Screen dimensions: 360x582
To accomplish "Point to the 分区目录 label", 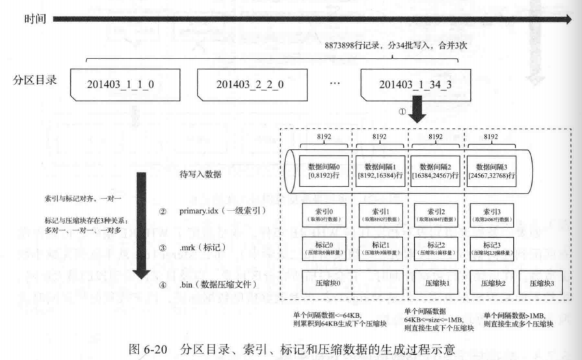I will [x=34, y=83].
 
